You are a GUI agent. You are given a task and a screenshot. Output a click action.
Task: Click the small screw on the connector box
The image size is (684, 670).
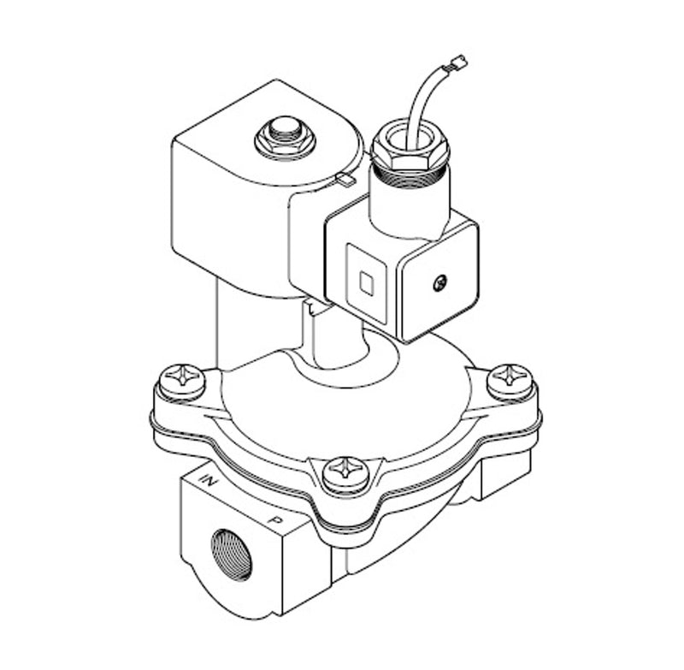[439, 282]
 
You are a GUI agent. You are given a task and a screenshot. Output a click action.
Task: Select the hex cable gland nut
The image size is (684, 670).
[410, 145]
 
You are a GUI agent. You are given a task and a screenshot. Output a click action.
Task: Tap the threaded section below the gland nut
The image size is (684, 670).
[410, 176]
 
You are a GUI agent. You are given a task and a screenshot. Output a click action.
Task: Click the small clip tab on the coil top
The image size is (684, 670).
[345, 179]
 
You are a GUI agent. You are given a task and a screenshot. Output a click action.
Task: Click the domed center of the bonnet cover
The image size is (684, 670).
[359, 402]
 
